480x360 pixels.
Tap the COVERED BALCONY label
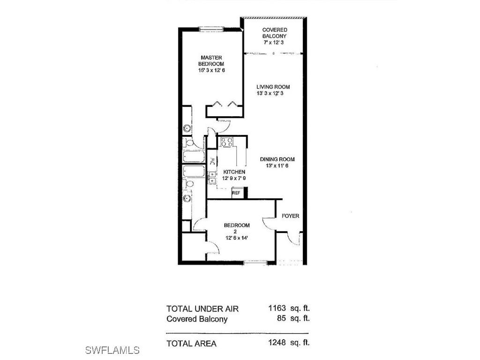click(x=274, y=33)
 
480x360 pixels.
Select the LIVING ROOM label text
click(x=273, y=87)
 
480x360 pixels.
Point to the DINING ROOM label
click(x=277, y=159)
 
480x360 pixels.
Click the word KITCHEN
click(x=234, y=172)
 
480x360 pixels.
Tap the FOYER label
click(x=290, y=216)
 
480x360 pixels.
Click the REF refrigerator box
click(x=236, y=193)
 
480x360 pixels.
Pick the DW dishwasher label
click(x=212, y=161)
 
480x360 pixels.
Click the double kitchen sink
click(x=212, y=175)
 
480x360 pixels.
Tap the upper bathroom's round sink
click(x=187, y=128)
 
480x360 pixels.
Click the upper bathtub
click(x=194, y=157)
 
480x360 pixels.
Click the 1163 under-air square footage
click(x=277, y=308)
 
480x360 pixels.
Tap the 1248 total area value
click(x=277, y=343)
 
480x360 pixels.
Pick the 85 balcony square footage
click(x=281, y=319)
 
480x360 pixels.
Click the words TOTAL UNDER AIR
click(x=202, y=309)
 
